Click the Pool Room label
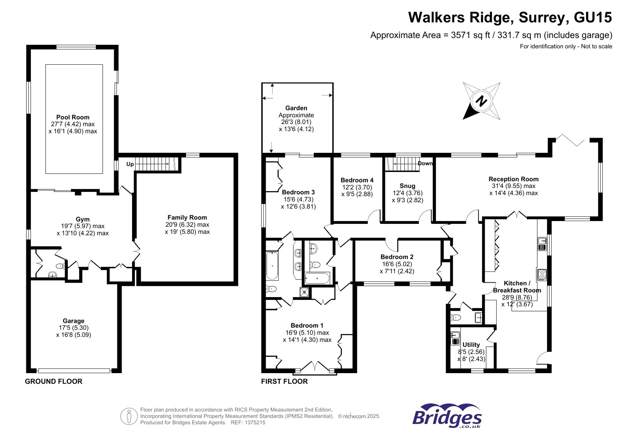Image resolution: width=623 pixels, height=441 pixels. click(73, 117)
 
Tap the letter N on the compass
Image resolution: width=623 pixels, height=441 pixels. click(482, 101)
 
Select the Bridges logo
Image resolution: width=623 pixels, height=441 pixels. click(447, 416)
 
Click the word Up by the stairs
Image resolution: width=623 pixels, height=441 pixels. click(130, 164)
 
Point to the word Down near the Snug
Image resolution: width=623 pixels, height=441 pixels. click(425, 163)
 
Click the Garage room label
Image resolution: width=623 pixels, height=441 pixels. click(73, 321)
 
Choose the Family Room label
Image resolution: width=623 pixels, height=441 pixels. click(187, 218)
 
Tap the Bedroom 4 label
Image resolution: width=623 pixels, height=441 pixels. click(357, 180)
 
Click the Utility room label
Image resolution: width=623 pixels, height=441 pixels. click(471, 345)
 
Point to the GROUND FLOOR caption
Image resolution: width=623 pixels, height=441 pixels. click(54, 381)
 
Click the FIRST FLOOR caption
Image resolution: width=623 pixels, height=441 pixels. click(284, 381)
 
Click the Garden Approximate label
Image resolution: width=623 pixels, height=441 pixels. click(296, 112)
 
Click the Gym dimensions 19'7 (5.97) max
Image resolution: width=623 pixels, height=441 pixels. click(83, 226)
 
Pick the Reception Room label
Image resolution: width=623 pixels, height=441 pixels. click(514, 179)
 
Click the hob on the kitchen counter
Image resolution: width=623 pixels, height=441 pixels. click(542, 275)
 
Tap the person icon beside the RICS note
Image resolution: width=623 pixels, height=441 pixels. click(129, 416)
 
